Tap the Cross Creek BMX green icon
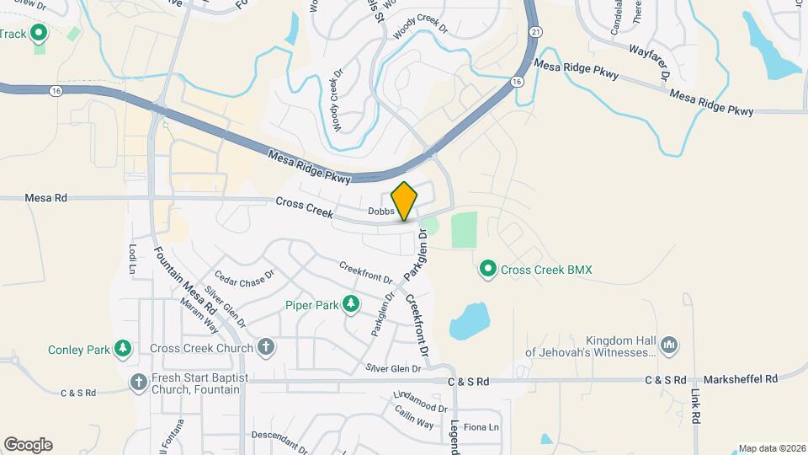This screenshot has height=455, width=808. coord(487,270)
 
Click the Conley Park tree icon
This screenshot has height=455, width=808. coord(123,348)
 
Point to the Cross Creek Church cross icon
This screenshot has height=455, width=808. coord(266,347)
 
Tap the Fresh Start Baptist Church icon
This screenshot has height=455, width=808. coord(139,383)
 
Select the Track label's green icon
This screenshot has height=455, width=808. coord(38,34)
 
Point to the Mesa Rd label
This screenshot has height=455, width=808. coord(45,198)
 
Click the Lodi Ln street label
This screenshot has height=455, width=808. coord(132,256)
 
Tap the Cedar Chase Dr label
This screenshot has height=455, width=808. coord(245,276)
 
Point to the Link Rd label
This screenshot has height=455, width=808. coord(695,405)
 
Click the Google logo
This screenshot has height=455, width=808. coord(28,445)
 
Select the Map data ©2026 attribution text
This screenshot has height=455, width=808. coord(770,448)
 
